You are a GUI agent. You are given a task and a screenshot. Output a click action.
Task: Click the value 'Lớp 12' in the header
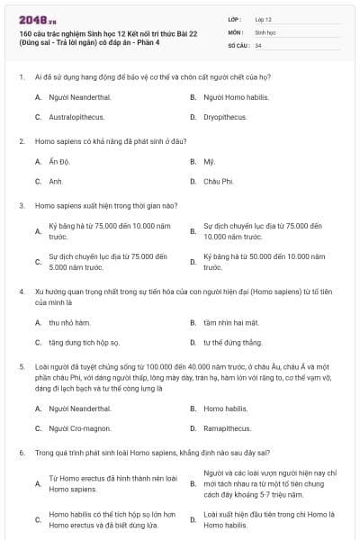click(x=264, y=19)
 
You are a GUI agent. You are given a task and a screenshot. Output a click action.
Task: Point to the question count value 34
click(x=258, y=44)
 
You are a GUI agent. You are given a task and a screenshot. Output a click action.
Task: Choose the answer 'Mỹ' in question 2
click(x=209, y=162)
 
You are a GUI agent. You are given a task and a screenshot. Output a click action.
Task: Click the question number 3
click(x=22, y=205)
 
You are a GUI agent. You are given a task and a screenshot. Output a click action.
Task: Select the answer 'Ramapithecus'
click(x=227, y=428)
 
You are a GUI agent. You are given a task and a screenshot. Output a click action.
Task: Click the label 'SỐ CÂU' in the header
click(x=238, y=44)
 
